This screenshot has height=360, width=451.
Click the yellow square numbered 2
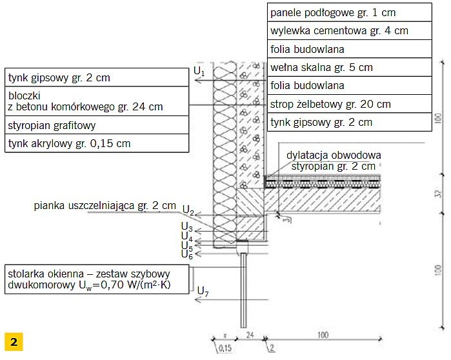(x=14, y=342)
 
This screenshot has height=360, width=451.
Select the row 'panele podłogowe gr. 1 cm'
(x=350, y=12)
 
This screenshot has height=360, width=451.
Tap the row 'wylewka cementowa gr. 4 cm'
(x=350, y=30)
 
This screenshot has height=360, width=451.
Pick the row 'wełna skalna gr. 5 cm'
(x=350, y=67)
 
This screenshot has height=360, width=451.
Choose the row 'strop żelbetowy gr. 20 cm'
(x=350, y=104)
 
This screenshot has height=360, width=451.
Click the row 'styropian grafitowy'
(x=97, y=125)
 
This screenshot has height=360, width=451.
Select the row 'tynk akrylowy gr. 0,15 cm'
(x=97, y=143)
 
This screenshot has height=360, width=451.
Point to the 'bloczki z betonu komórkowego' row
(x=97, y=101)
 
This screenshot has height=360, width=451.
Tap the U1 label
(x=199, y=71)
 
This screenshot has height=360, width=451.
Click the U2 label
(x=188, y=210)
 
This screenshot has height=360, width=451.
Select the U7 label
(x=203, y=291)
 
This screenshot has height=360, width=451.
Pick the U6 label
(x=187, y=254)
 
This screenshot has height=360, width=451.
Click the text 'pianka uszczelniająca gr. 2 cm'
(x=105, y=206)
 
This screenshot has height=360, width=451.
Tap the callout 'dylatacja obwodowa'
(x=334, y=155)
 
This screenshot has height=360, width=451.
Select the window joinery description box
(x=97, y=279)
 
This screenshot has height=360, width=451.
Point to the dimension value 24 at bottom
(x=250, y=334)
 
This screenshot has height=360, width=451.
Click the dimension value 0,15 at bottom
(x=225, y=348)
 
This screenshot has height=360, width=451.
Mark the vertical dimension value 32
(x=438, y=194)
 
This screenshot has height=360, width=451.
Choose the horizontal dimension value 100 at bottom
(x=323, y=335)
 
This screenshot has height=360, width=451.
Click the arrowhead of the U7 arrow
(x=197, y=300)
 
